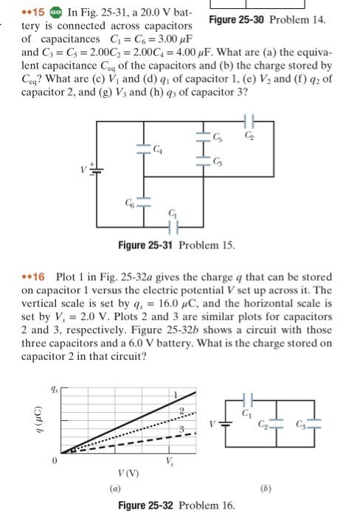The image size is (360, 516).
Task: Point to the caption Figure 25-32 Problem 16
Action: [176, 505]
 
